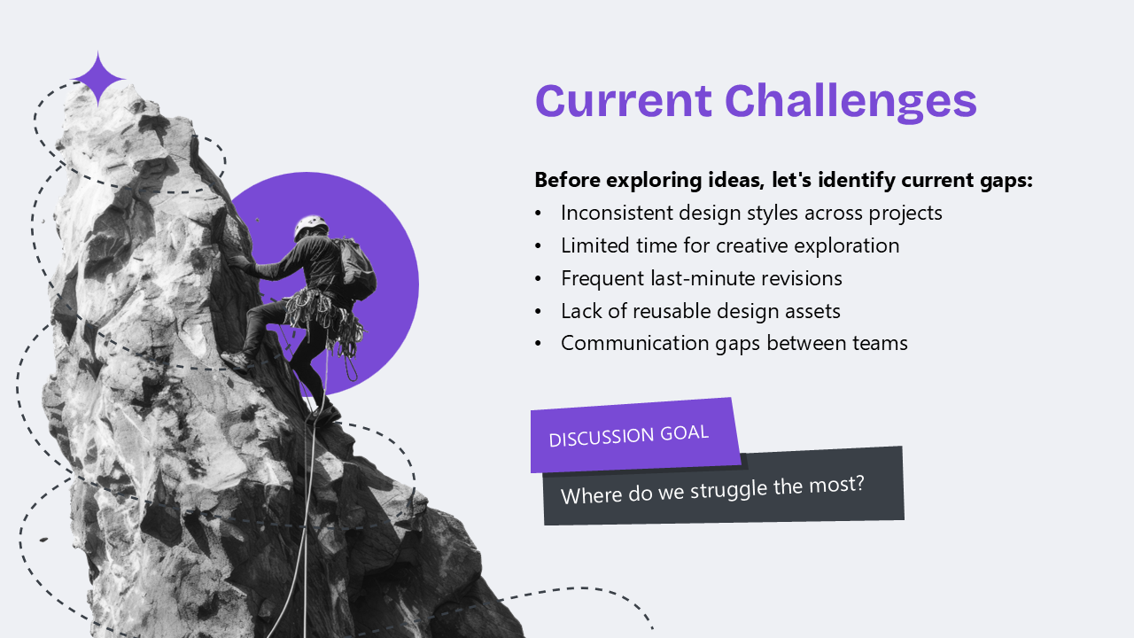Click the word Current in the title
click(x=624, y=100)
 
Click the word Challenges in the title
click(x=851, y=102)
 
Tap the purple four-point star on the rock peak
click(x=98, y=79)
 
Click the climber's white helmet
click(x=310, y=226)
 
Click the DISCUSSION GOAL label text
click(x=628, y=435)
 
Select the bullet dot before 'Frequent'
click(x=538, y=279)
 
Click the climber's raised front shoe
click(x=236, y=362)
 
